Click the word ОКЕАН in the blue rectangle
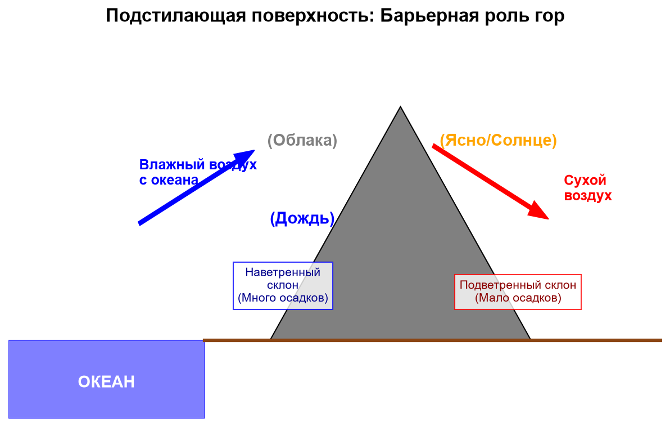[106, 381]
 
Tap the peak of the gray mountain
[400, 106]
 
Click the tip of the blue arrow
[255, 150]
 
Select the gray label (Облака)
[302, 140]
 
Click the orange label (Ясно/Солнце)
[498, 140]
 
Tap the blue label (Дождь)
[302, 218]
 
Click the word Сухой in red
[585, 180]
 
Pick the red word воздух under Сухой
[588, 196]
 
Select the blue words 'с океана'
[169, 180]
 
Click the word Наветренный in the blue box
[283, 272]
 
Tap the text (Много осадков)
[283, 298]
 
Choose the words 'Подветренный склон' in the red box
[518, 285]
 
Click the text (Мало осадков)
[518, 298]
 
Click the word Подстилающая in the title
[175, 16]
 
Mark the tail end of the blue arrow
[139, 223]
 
